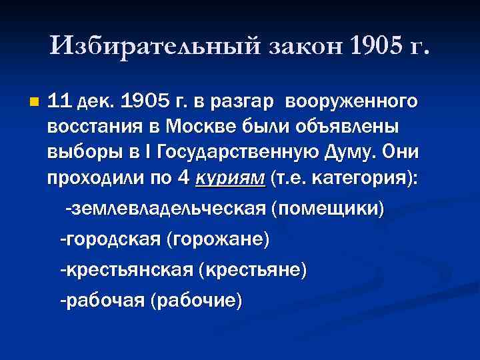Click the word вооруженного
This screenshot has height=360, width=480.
click(352, 102)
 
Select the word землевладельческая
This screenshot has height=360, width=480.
click(165, 209)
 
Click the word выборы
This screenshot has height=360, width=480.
click(79, 153)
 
